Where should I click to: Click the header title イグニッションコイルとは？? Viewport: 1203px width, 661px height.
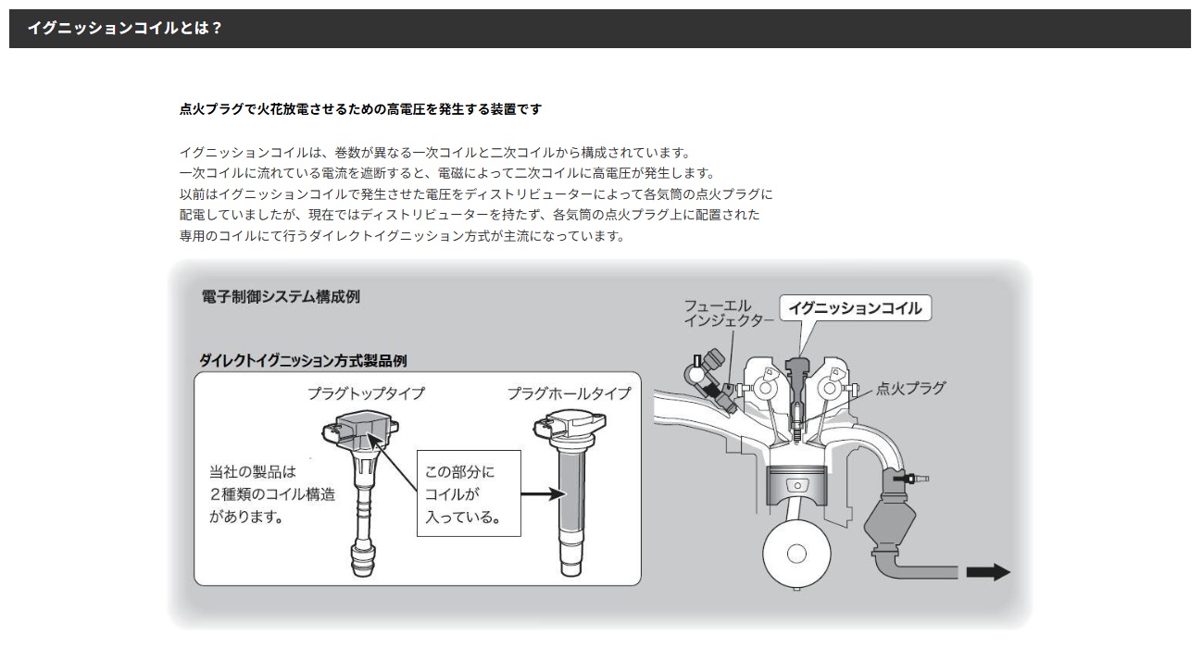tap(125, 28)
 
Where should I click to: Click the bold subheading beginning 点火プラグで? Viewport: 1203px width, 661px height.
tap(360, 109)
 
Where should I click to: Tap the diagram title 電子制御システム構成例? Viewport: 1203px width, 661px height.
tap(281, 297)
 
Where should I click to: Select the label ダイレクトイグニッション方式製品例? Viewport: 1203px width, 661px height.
tap(303, 361)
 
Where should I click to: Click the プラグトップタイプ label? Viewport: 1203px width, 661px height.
tap(366, 393)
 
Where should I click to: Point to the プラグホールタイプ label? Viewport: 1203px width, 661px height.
tap(570, 393)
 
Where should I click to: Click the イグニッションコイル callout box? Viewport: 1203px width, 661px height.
tap(855, 308)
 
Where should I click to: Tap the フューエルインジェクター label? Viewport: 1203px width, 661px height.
tap(728, 314)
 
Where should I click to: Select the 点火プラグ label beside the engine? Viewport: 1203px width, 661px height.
tap(911, 388)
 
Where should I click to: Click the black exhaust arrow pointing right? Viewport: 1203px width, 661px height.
tap(988, 572)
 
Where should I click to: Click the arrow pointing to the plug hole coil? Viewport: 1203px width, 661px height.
tap(544, 494)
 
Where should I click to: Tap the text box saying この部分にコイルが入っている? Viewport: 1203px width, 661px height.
tap(469, 493)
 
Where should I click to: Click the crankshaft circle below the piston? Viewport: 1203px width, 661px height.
tap(796, 554)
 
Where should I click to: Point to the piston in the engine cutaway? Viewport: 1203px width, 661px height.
tap(797, 485)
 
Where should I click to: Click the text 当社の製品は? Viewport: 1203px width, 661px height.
tap(253, 472)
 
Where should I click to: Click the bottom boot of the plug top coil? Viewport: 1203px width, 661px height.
tap(363, 560)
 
